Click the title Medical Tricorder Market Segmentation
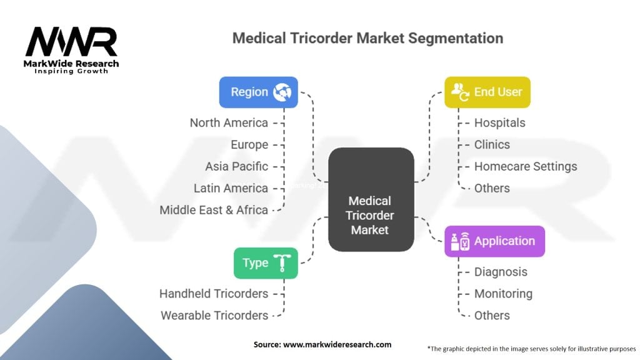[x=367, y=37]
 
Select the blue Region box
[x=258, y=92]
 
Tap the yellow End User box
[x=487, y=92]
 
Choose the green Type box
[x=265, y=262]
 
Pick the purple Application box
[x=494, y=241]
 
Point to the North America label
[x=229, y=122]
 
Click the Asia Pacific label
[x=236, y=166]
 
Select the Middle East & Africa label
[x=214, y=210]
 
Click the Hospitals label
[x=499, y=122]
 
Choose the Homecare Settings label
[x=525, y=166]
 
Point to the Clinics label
[x=492, y=144]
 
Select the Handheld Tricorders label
[x=214, y=293]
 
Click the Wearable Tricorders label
[x=214, y=315]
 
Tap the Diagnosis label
[x=501, y=272]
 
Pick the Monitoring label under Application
[x=503, y=293]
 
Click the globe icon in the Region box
[x=282, y=92]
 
